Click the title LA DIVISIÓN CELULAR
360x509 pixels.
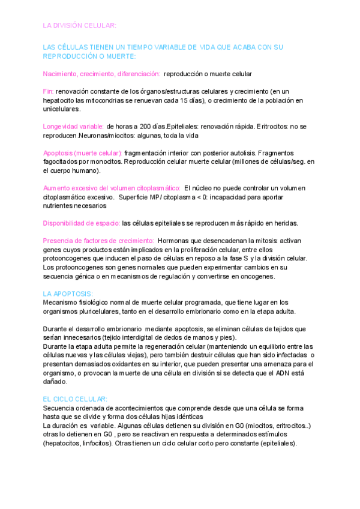(x=80, y=25)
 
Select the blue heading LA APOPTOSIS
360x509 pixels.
(x=68, y=294)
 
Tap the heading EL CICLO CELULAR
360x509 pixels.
(x=76, y=399)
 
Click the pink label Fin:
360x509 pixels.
(x=49, y=91)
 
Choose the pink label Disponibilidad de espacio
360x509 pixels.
(x=82, y=223)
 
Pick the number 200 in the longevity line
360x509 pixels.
(x=146, y=127)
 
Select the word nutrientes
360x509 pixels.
(x=62, y=205)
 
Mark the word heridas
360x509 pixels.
(x=284, y=223)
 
